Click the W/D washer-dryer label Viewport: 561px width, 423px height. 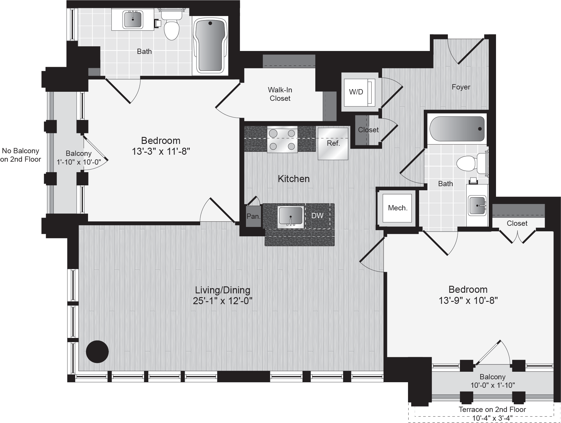click(x=356, y=92)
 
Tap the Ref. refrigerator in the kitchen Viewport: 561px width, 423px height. click(x=333, y=144)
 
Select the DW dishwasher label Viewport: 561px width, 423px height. click(x=317, y=216)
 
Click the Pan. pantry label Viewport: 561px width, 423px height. click(x=254, y=216)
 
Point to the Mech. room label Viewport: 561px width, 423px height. click(x=398, y=208)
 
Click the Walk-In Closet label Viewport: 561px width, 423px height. click(x=280, y=94)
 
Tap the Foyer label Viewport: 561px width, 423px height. click(x=461, y=87)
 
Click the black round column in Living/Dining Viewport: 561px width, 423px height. click(x=97, y=352)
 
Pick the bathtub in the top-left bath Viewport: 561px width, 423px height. click(x=210, y=46)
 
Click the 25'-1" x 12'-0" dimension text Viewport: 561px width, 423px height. click(x=223, y=301)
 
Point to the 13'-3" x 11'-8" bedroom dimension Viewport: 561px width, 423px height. click(x=161, y=151)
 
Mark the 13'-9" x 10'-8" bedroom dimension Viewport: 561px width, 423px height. click(x=468, y=300)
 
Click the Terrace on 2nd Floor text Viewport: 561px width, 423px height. click(x=492, y=409)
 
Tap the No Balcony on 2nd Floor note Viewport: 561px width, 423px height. click(x=20, y=155)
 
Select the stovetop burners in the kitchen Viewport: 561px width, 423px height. click(x=282, y=140)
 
